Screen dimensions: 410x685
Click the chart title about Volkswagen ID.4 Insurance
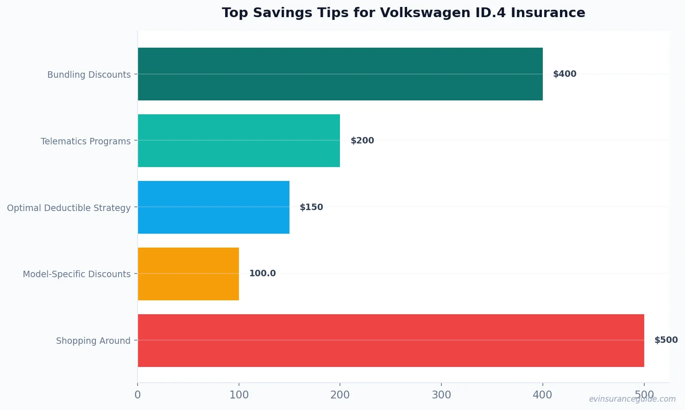(403, 13)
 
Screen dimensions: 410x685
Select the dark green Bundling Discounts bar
(340, 74)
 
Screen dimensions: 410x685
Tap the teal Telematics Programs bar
(239, 141)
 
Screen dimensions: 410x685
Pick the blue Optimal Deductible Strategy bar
(214, 207)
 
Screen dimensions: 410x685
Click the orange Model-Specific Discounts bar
(188, 274)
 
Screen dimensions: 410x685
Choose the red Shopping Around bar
(390, 341)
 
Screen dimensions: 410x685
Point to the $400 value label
(565, 74)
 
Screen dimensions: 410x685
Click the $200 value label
(362, 141)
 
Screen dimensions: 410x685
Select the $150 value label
(311, 207)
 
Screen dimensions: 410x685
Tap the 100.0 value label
(262, 273)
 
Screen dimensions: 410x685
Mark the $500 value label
(666, 340)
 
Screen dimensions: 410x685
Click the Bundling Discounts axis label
(89, 75)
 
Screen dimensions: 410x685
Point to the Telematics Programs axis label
(86, 141)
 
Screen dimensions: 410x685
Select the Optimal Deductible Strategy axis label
(69, 208)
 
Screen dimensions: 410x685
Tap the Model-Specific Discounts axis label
(76, 274)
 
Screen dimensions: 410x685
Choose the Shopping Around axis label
(93, 341)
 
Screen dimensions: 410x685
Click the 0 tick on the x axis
(138, 395)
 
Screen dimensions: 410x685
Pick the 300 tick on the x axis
(441, 395)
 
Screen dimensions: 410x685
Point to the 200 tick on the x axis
(340, 395)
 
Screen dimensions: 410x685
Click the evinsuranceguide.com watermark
(632, 399)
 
